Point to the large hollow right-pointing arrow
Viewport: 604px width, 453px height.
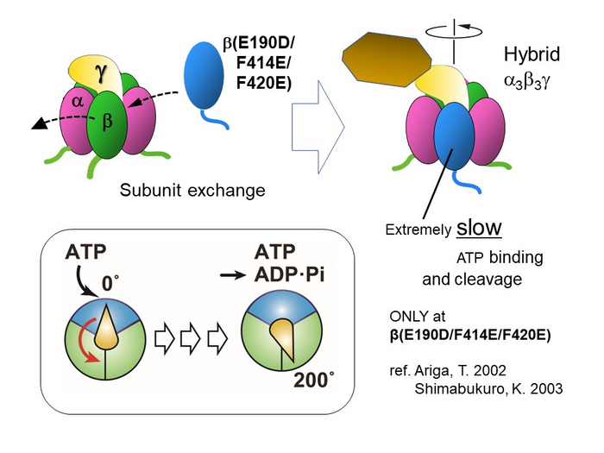tap(318, 122)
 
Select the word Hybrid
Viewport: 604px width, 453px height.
tap(532, 55)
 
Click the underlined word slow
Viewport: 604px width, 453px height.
tap(480, 227)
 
